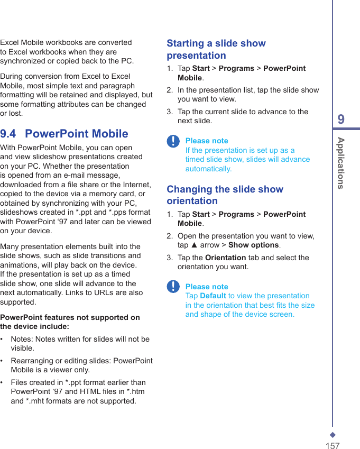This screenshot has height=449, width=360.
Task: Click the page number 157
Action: (332, 446)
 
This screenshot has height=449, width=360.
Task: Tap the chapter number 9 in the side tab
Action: (341, 120)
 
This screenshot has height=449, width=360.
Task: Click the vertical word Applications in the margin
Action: (341, 163)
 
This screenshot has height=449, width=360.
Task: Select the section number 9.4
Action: (8, 133)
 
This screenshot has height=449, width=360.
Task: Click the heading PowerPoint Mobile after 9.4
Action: (77, 133)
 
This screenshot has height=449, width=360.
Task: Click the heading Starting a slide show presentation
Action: (216, 49)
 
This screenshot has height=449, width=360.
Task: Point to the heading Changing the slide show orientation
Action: (225, 195)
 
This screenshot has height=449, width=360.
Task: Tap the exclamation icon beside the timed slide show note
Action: (173, 141)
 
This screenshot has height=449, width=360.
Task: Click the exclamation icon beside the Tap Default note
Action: (173, 287)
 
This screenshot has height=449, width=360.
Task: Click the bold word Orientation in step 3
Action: (225, 258)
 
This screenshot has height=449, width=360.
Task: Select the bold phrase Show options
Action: (253, 245)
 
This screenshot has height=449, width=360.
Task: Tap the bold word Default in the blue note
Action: (213, 296)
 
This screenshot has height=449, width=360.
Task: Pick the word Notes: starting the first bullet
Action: (22, 339)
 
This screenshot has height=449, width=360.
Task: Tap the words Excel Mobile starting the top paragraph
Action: (22, 42)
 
